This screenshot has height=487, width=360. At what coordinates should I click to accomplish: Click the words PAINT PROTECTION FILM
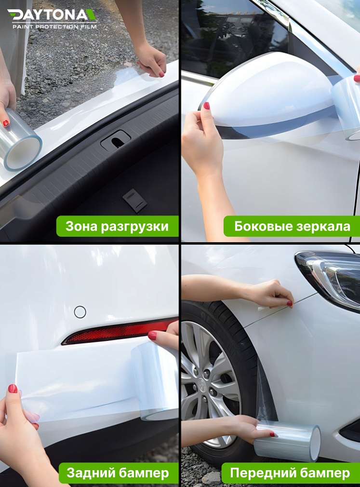pos(54,27)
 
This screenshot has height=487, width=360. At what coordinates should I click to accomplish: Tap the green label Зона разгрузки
pos(117,226)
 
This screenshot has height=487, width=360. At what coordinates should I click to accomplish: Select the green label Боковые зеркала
pos(292,226)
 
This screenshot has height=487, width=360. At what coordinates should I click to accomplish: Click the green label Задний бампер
pos(118,473)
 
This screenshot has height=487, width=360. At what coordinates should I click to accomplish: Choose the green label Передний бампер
pos(290,473)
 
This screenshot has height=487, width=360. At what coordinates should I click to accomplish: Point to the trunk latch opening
pos(115,140)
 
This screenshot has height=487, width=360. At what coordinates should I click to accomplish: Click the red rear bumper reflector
pos(116,332)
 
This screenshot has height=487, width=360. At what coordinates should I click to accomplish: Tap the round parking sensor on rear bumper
pos(80,312)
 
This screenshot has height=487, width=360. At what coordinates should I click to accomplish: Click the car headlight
pos(333,277)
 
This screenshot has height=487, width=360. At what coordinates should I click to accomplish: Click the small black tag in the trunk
pos(134,200)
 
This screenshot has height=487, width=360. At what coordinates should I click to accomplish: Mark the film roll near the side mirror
pos(347,106)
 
